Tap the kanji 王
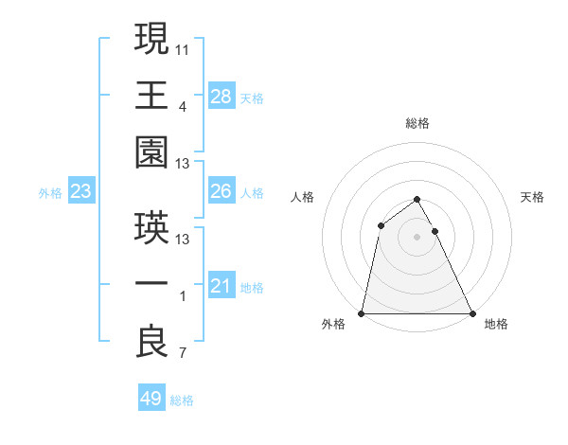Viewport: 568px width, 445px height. point(152,95)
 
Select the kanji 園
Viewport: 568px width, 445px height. point(152,151)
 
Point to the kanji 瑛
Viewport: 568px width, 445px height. point(152,227)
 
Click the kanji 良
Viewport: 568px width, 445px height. point(152,342)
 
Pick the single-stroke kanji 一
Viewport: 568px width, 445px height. point(152,285)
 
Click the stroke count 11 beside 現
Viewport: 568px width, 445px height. point(183,47)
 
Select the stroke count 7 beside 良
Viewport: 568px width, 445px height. point(183,354)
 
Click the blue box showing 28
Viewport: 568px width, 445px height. point(222,96)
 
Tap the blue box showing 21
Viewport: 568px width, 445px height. point(222,286)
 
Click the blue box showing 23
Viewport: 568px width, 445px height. point(81,192)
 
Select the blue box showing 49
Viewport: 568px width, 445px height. point(151,399)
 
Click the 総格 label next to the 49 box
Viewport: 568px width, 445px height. point(183,400)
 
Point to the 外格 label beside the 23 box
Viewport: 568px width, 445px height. point(50,193)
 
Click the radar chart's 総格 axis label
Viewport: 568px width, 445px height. point(417,123)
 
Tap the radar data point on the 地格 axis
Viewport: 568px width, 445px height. point(471,313)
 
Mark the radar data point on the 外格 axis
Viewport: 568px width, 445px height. point(362,313)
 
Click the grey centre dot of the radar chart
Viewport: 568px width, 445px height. point(417,236)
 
